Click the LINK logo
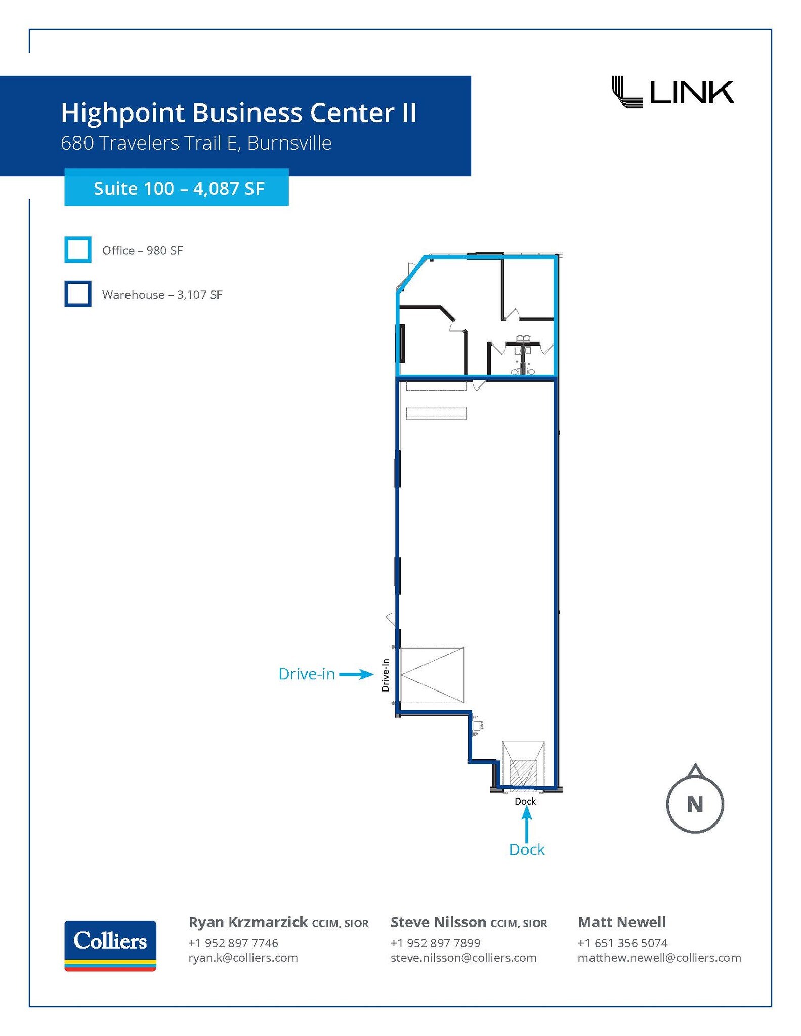[x=672, y=92]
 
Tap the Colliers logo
[x=110, y=945]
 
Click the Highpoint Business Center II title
[x=238, y=113]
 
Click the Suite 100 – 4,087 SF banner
[x=177, y=188]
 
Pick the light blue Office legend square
[x=78, y=249]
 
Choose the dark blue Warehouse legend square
[x=78, y=294]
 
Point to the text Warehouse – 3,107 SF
[x=162, y=295]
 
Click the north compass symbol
[x=695, y=799]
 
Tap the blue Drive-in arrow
[x=356, y=674]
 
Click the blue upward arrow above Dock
[x=527, y=824]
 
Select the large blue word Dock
[x=527, y=850]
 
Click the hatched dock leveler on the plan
[x=523, y=773]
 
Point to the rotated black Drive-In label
[x=386, y=675]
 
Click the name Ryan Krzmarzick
[x=248, y=922]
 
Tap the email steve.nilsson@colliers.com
[x=463, y=958]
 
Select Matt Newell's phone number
[x=622, y=943]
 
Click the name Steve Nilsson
[x=438, y=922]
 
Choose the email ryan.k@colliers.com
[x=243, y=958]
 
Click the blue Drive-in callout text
[x=307, y=674]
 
